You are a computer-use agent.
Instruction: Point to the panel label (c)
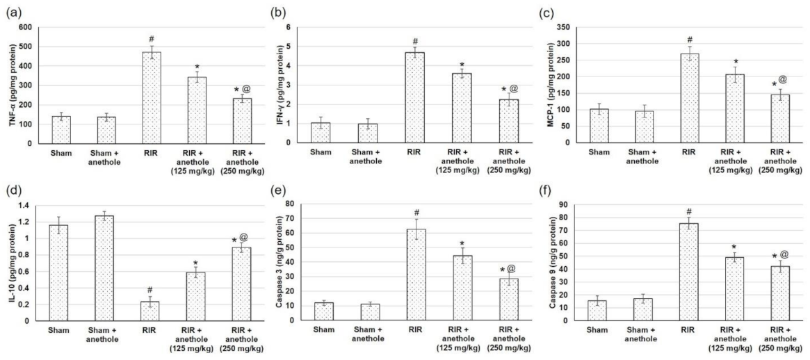point(554,9)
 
